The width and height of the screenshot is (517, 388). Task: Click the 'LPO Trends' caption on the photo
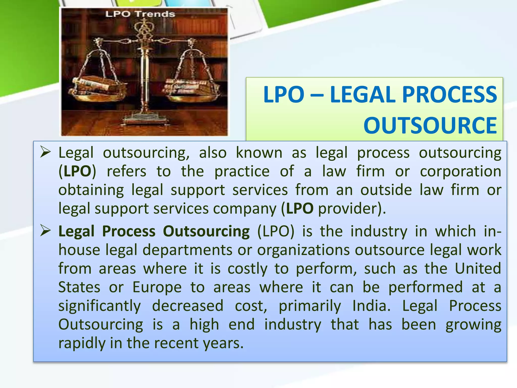(x=140, y=14)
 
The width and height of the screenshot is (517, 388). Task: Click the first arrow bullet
(x=46, y=152)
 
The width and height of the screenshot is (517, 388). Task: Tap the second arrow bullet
(x=46, y=231)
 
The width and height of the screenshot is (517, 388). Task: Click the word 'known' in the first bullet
(x=259, y=153)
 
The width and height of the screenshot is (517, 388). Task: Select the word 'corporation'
(x=460, y=172)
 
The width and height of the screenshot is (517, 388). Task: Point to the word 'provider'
(x=349, y=209)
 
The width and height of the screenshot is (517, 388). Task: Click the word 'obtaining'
(x=91, y=190)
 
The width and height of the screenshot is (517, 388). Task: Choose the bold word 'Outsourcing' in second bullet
(x=206, y=231)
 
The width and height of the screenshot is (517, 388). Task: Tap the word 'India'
(x=371, y=306)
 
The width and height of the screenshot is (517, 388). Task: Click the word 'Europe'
(x=157, y=287)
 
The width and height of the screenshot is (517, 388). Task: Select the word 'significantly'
(x=99, y=306)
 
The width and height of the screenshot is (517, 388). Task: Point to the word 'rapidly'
(x=82, y=343)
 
